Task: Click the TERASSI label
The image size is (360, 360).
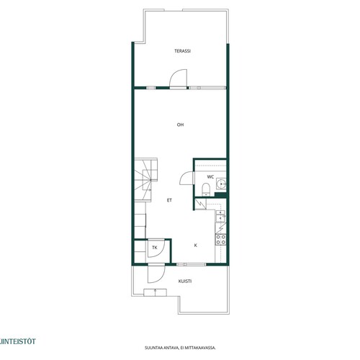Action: (x=182, y=51)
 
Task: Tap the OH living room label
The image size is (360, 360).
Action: (x=180, y=125)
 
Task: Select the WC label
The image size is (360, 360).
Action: (x=210, y=177)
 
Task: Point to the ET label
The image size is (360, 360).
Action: (x=169, y=200)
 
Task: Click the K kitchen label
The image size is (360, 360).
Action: (x=196, y=246)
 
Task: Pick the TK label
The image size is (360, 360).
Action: (x=155, y=248)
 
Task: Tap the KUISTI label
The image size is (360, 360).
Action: (x=185, y=281)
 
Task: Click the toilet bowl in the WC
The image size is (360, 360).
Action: (x=206, y=189)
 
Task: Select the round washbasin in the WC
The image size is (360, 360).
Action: (x=220, y=184)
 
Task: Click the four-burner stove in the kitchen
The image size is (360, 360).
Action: (x=221, y=240)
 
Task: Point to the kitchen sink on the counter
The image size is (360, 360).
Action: (x=220, y=216)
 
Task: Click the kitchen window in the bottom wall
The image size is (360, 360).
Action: (x=192, y=264)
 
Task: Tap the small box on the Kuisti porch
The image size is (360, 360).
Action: (x=156, y=292)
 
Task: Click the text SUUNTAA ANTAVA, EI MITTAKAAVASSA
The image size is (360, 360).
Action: (x=180, y=348)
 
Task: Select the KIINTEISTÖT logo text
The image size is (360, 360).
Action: (x=17, y=341)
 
